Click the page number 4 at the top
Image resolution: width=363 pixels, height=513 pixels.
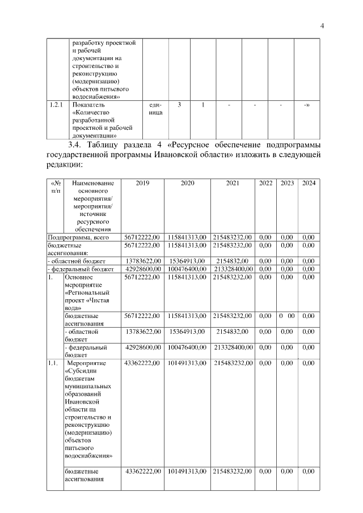tap(322, 26)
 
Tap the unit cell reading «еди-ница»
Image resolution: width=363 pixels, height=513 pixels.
tap(155, 109)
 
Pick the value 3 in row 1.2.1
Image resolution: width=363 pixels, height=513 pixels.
tap(179, 105)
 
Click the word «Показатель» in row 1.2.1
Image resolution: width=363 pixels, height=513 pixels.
tap(89, 105)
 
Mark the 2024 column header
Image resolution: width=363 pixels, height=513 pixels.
tap(309, 183)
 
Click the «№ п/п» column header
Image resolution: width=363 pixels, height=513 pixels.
tap(56, 187)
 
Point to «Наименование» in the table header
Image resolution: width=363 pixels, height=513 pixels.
tap(93, 183)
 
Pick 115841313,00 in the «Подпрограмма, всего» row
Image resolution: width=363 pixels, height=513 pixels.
tap(187, 236)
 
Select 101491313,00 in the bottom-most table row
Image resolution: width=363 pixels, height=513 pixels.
tap(187, 471)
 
